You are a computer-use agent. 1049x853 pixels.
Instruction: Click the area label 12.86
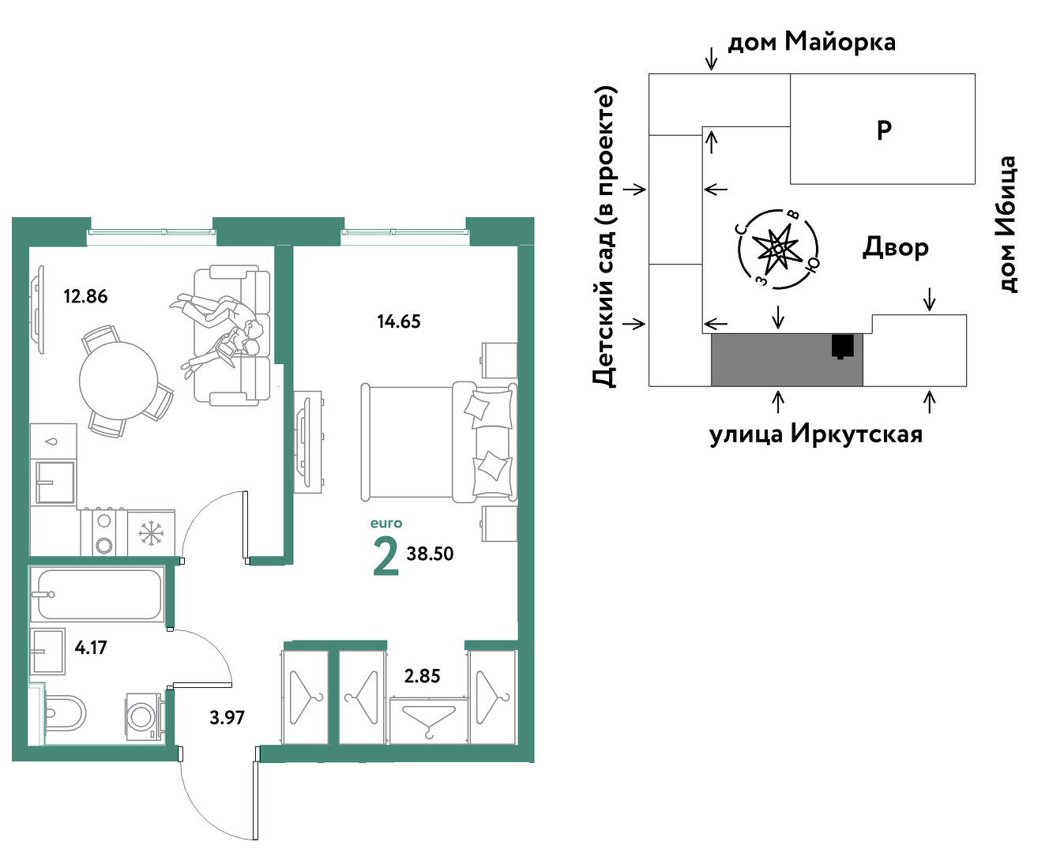coord(85,296)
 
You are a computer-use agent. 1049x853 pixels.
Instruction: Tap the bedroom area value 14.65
coord(398,321)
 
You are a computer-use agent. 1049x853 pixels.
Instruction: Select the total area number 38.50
coord(430,554)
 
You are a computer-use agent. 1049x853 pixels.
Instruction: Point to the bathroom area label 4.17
coord(91,647)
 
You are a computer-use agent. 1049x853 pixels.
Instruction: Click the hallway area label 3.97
coord(227,718)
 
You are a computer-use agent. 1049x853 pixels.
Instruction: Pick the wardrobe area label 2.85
coord(422,676)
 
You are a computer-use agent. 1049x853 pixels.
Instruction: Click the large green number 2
coord(385,557)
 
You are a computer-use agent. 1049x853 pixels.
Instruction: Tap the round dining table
coord(118,381)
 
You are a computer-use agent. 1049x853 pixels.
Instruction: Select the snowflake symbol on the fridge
coord(151,533)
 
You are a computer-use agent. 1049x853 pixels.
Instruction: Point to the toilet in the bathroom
coord(64,713)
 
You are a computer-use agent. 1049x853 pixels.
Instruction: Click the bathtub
coord(96,595)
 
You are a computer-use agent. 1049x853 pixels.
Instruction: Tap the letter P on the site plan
coord(884,130)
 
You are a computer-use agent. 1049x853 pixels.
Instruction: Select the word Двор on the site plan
coord(895,247)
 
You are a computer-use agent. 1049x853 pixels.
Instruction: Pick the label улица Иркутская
coord(816,435)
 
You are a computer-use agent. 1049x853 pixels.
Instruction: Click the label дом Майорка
coord(811,43)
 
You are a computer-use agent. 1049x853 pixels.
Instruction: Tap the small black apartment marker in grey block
coord(842,347)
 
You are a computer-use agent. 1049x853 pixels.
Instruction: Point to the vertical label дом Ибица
coord(1006,224)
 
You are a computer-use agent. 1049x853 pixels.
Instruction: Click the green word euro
coord(386,523)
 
